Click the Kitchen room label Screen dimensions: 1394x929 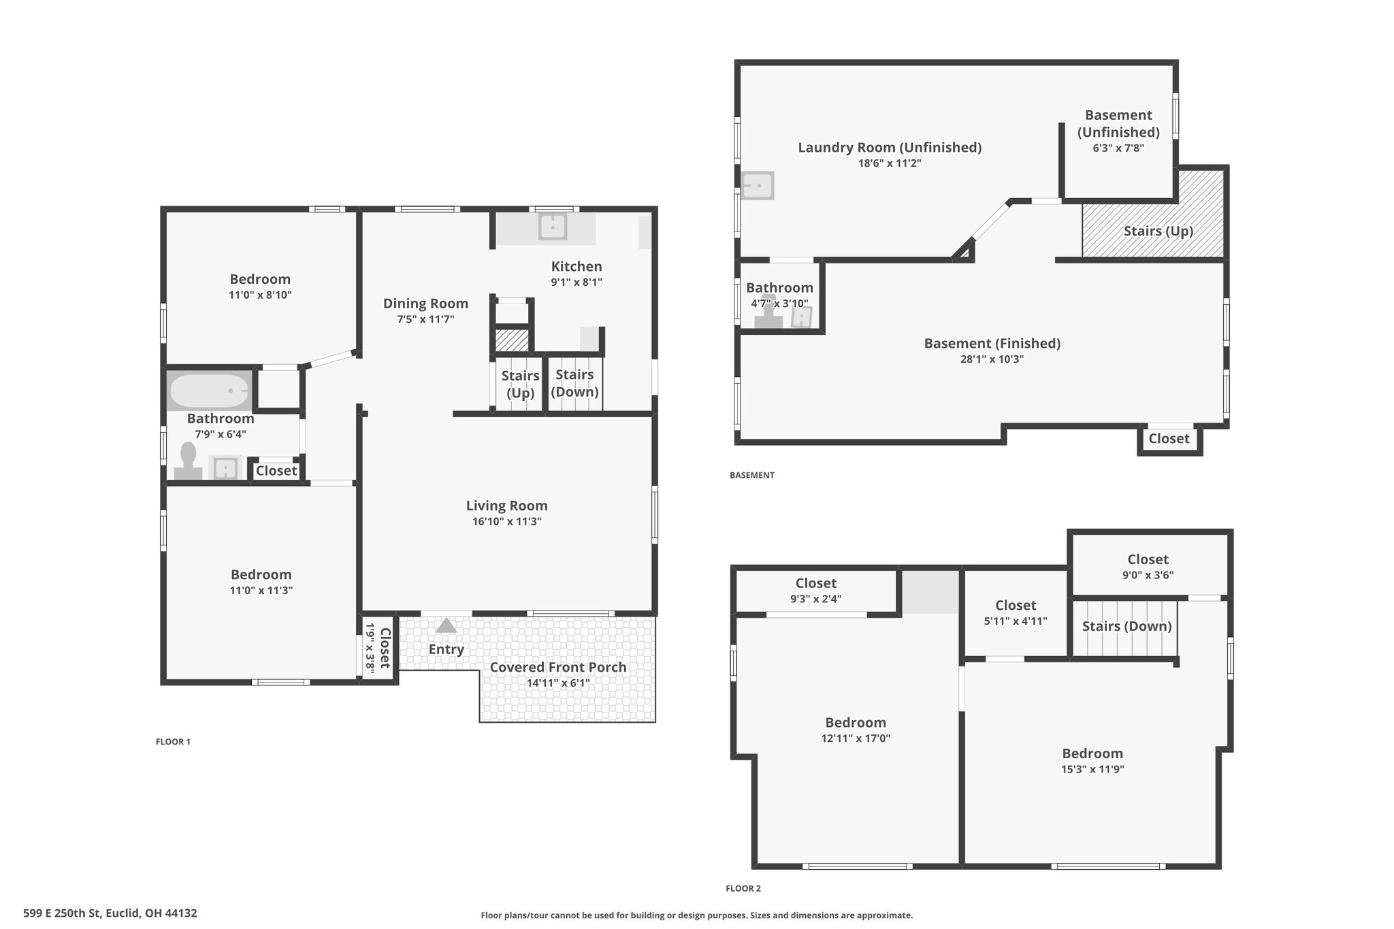[577, 266]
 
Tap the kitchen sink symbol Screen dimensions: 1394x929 [553, 227]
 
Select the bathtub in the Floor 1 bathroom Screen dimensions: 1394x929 [210, 391]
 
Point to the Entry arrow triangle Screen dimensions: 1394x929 [446, 625]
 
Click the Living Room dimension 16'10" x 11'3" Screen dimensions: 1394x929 [507, 522]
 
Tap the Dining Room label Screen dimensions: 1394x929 [425, 304]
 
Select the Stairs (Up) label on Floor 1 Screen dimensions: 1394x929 [521, 384]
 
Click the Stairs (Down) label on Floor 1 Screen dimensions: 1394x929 [574, 383]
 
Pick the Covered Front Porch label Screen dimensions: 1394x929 [558, 667]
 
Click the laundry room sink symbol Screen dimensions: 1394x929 [757, 185]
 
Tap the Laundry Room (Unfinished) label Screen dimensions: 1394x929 [890, 147]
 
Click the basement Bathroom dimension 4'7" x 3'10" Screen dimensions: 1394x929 [779, 304]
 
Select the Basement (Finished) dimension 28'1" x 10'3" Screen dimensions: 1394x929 [992, 359]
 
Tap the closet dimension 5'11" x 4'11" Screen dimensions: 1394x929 [1016, 621]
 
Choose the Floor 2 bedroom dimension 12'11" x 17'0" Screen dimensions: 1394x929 [856, 738]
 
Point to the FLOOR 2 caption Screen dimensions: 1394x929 [743, 888]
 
